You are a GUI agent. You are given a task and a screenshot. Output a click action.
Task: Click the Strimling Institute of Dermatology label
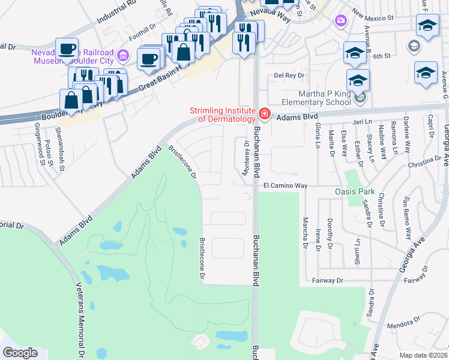tap(223, 114)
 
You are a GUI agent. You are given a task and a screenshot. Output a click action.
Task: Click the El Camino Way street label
tap(284, 186)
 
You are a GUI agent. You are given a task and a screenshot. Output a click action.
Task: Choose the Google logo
tap(20, 353)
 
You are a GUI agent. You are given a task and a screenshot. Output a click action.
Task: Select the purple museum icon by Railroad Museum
tap(123, 56)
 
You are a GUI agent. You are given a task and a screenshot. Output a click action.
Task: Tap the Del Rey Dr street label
tap(289, 76)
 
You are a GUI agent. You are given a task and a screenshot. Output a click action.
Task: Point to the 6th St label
tap(382, 56)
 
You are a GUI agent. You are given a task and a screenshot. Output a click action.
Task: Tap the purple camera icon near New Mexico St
tap(341, 21)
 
